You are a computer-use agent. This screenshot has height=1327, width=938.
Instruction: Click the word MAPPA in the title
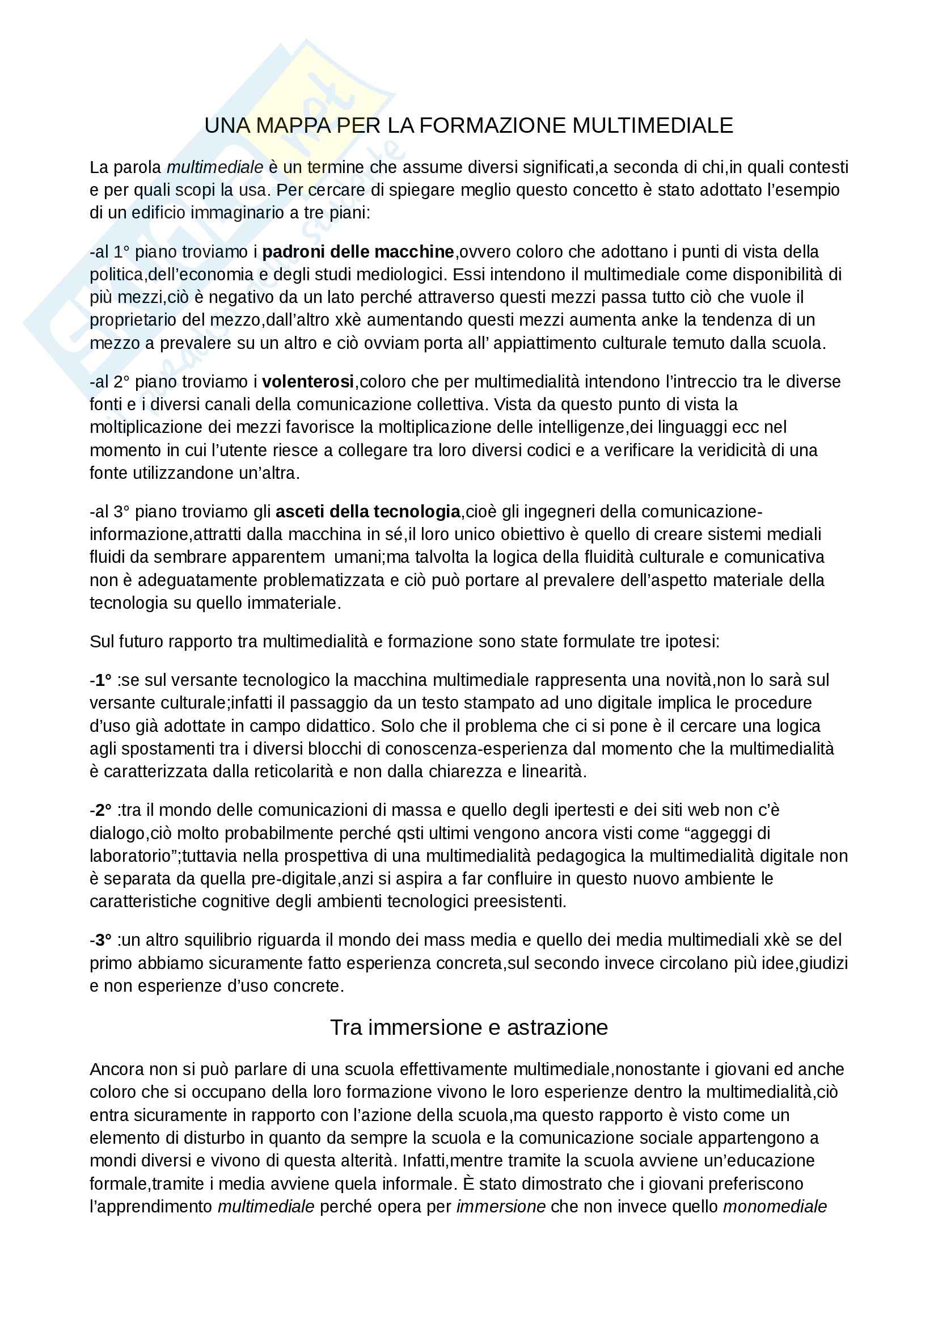point(293,125)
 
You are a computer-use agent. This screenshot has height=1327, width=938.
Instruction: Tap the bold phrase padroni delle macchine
point(357,252)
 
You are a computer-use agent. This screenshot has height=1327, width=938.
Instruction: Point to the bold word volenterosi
point(308,382)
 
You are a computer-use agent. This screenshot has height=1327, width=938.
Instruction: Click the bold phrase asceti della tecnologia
point(368,512)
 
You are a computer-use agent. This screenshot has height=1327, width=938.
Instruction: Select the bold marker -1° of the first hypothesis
point(101,680)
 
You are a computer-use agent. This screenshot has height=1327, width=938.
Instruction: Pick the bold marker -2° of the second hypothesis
point(101,810)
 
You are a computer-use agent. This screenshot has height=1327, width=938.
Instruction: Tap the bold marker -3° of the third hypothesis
point(101,940)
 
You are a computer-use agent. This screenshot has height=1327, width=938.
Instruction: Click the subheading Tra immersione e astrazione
point(468,1027)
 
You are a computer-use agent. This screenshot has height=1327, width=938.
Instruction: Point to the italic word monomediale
point(775,1207)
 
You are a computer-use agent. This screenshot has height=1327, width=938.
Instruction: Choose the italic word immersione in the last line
point(501,1207)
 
